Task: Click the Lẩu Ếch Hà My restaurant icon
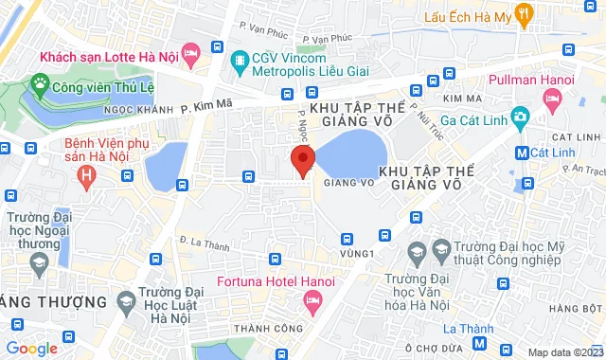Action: [526, 15]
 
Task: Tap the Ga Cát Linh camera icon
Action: [519, 117]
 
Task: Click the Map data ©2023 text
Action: [564, 352]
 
